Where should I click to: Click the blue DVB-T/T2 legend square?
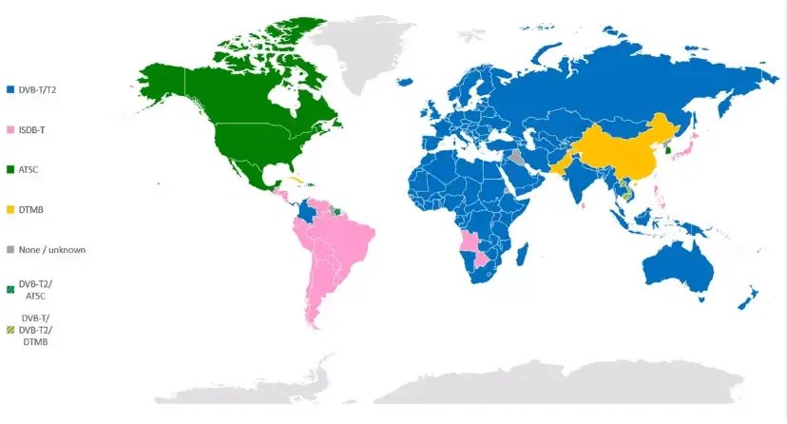[x=10, y=89]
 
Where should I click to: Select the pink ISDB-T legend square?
[x=10, y=129]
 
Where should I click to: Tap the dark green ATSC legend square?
[x=10, y=169]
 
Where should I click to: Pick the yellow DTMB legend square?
[x=10, y=209]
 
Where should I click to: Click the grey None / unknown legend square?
[x=10, y=249]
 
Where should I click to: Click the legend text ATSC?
[x=29, y=169]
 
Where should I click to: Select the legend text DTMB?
[x=29, y=209]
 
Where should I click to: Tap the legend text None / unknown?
[x=48, y=249]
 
